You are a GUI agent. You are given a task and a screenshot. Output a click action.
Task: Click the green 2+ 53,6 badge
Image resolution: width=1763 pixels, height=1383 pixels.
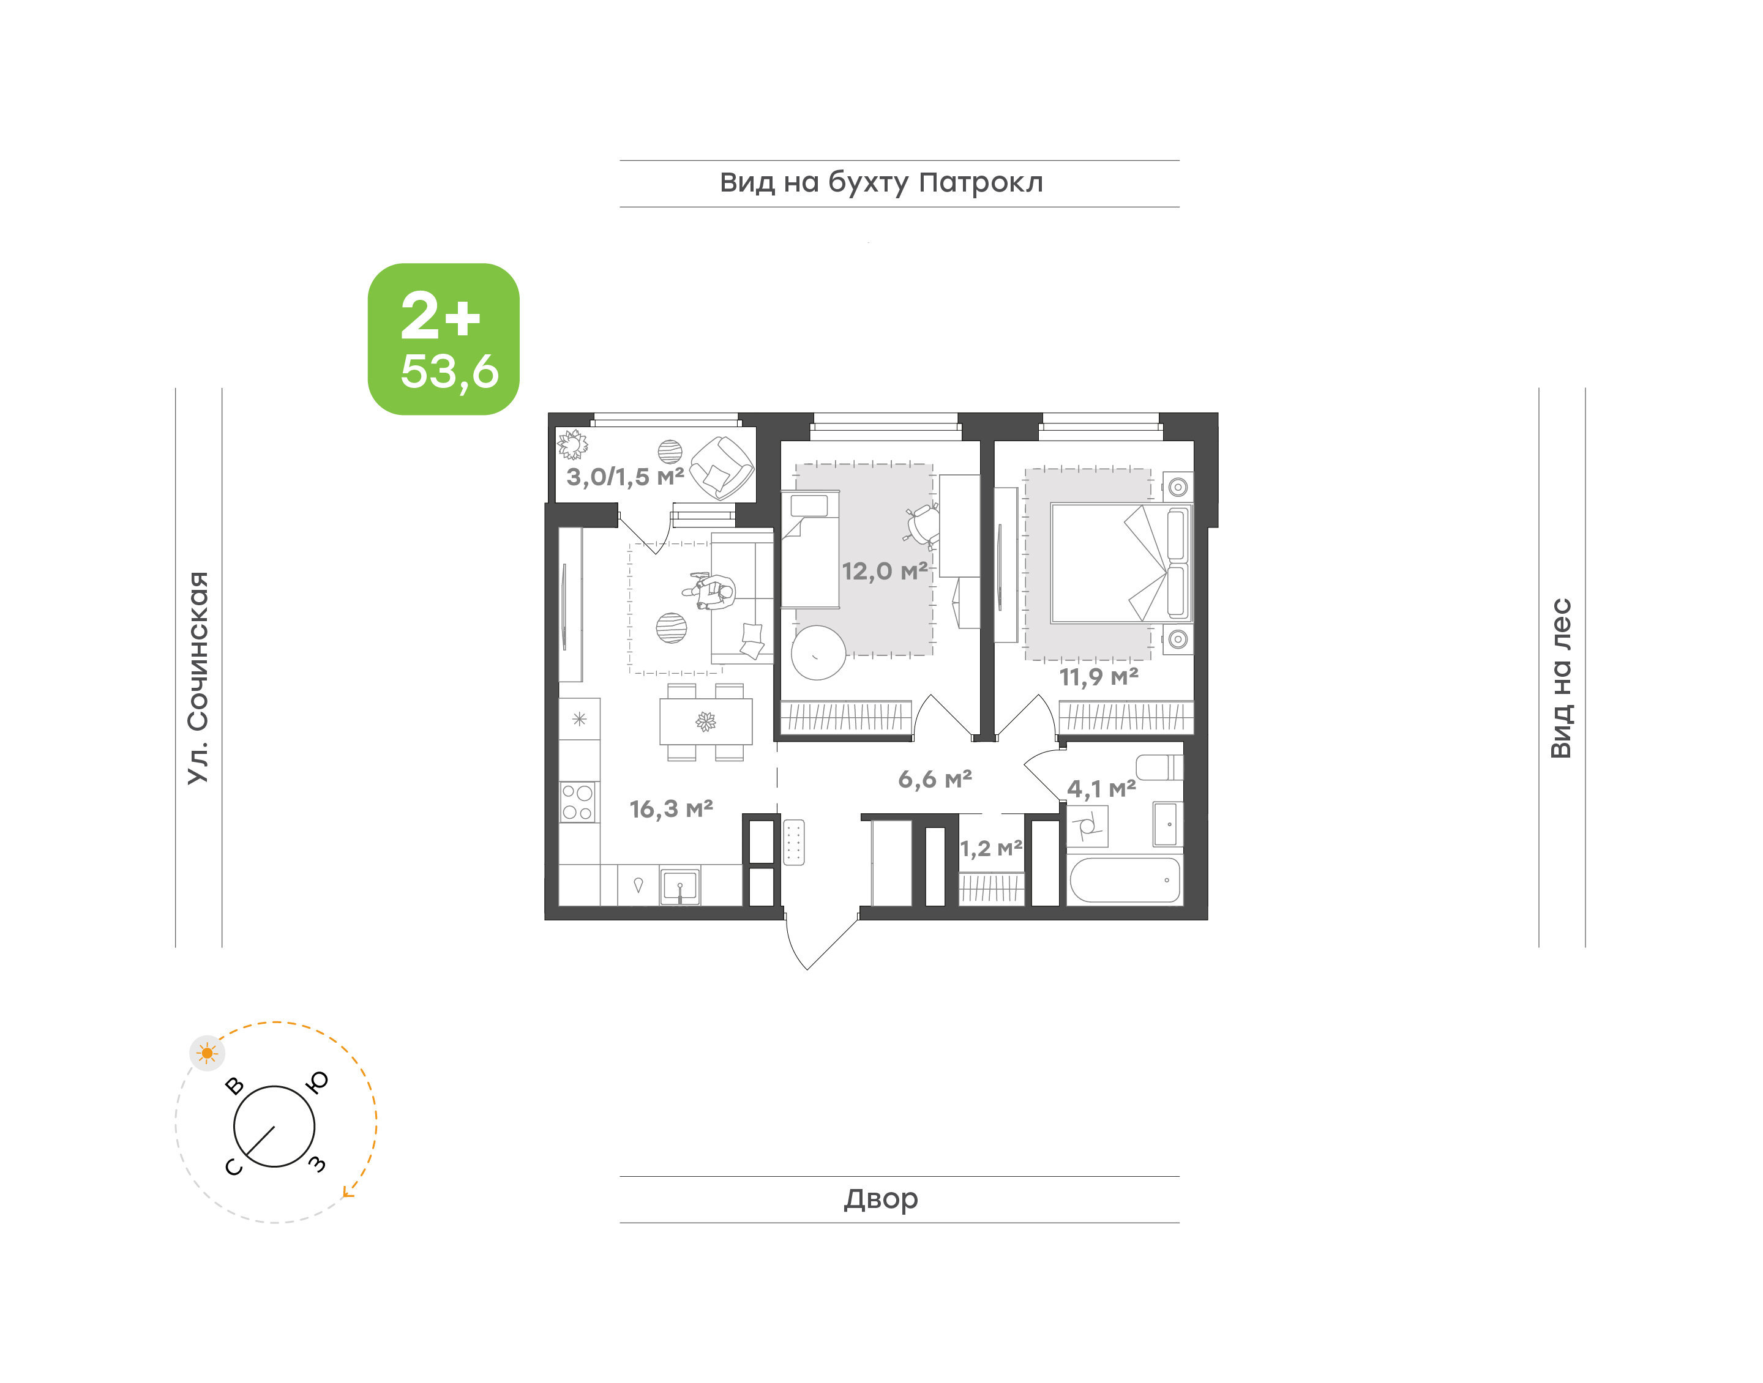point(443,338)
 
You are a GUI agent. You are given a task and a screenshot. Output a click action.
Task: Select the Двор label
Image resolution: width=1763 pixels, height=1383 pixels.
point(881,1198)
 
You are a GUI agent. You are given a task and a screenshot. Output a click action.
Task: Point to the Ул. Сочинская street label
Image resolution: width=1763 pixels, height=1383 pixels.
point(198,678)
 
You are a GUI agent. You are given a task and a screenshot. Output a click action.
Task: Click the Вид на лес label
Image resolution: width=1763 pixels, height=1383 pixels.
point(1560,679)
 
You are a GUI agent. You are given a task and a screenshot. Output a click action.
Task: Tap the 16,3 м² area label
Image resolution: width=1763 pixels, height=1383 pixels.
point(672,808)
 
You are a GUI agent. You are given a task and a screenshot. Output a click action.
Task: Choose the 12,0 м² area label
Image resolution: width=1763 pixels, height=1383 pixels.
point(885,571)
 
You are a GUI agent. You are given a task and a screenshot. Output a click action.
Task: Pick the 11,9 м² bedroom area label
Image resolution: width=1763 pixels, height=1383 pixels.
point(1099,676)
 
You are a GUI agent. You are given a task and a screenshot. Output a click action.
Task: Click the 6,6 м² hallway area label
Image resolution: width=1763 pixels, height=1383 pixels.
point(935,779)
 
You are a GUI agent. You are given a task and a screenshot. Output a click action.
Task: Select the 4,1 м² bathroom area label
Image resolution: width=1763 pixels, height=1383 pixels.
point(1101,788)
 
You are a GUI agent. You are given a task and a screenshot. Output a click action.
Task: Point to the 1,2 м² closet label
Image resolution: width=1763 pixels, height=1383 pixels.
point(991,849)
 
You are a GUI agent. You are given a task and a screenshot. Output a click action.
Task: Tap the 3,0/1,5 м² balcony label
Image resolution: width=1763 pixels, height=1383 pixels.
point(625,477)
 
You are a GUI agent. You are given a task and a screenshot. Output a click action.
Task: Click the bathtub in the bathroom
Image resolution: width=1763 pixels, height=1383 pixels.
point(1125,879)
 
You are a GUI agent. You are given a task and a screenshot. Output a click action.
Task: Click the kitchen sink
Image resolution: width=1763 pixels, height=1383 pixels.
point(679,886)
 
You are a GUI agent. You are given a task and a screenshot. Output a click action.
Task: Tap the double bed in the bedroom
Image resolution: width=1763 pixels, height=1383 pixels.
point(1121,564)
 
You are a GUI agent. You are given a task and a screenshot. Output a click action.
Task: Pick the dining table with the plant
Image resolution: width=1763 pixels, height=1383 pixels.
point(706,721)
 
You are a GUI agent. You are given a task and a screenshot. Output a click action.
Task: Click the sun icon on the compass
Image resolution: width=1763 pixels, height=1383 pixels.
point(208,1053)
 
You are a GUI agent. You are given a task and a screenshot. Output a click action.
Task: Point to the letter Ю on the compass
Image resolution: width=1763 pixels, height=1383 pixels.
point(318,1083)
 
